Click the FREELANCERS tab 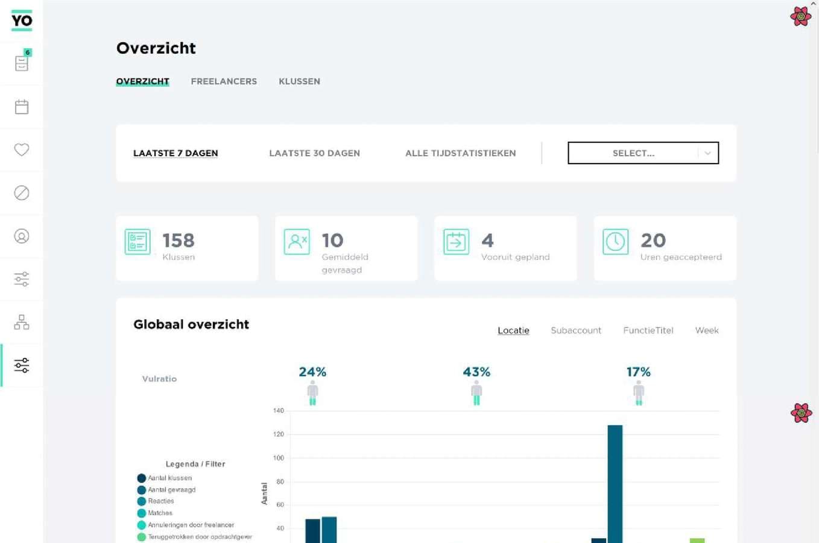coord(224,81)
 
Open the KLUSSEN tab coord(299,81)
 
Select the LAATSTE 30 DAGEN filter coord(314,153)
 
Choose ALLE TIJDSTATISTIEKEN coord(460,153)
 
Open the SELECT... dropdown coord(643,153)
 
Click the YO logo coord(22,21)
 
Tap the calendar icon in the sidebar coord(22,107)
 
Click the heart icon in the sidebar coord(22,150)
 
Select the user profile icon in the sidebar coord(22,237)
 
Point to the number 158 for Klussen coord(179,241)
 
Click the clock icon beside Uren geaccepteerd coord(615,242)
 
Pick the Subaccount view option coord(576,331)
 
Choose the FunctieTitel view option coord(648,331)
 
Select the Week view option coord(706,331)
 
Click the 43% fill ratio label coord(476,372)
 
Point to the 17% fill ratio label coord(638,372)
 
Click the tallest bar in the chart coord(615,483)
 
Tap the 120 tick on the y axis coord(278,434)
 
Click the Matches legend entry coord(160,513)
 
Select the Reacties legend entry coord(160,501)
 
